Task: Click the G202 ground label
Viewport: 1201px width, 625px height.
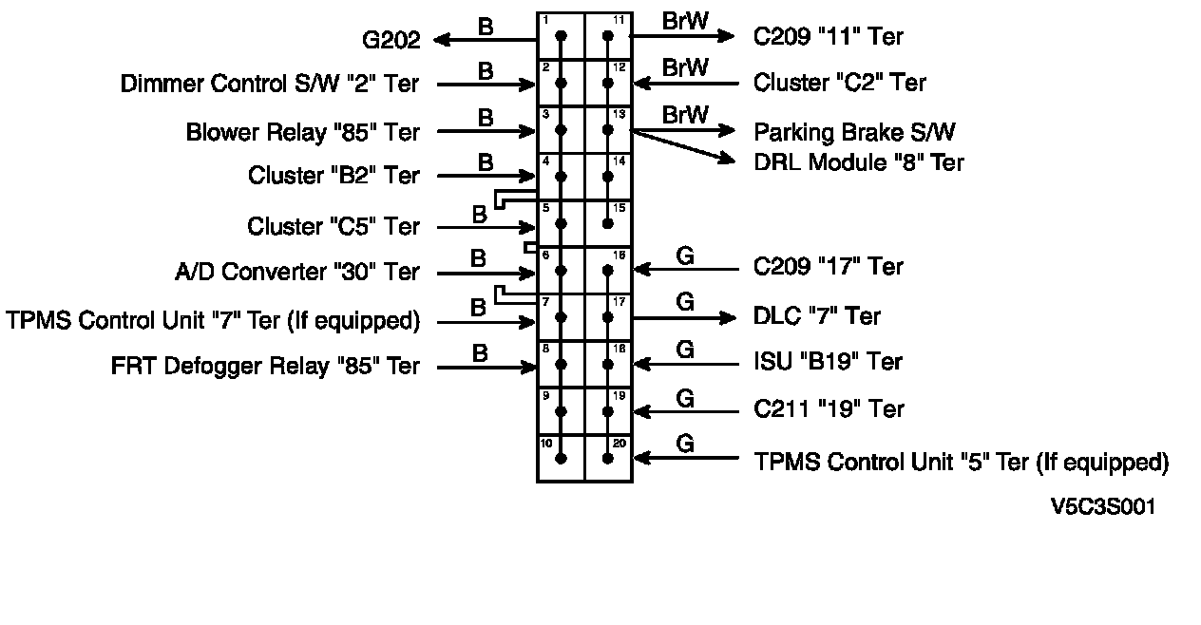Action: [x=391, y=41]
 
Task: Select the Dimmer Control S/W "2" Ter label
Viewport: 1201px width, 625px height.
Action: [x=270, y=84]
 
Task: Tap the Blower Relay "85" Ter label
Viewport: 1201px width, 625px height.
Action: [x=303, y=132]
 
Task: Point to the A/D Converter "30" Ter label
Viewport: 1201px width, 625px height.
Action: [x=295, y=273]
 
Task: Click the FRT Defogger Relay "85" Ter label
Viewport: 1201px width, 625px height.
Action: [x=265, y=367]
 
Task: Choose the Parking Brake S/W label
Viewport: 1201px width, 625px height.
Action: [x=854, y=132]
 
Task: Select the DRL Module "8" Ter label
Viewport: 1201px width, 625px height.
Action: [x=859, y=162]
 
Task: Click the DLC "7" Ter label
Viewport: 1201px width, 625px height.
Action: [x=817, y=316]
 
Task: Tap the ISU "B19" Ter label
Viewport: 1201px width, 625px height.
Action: [x=828, y=362]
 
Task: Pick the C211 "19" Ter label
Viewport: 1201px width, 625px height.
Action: [x=829, y=409]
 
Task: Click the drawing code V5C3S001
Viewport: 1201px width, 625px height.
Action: [x=1102, y=507]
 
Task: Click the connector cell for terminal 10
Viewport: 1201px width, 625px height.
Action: [x=561, y=458]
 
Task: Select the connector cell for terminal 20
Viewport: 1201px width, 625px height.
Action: [x=608, y=458]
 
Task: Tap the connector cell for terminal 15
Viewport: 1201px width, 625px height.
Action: [x=608, y=223]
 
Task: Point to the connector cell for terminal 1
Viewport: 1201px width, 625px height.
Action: [x=561, y=36]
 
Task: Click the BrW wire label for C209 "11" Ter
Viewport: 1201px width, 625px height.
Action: [x=685, y=21]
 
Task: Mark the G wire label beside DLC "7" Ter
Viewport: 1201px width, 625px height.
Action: [x=684, y=302]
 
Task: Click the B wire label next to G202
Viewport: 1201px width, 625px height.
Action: [x=486, y=27]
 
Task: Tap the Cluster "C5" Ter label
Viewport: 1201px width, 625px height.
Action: [x=333, y=227]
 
